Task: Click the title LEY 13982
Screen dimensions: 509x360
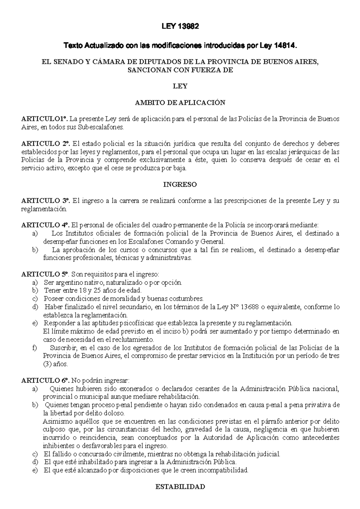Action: [180, 27]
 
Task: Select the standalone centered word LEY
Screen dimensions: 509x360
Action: [180, 86]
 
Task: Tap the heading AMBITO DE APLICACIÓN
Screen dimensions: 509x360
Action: [180, 103]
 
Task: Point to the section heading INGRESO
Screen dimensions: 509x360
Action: [180, 185]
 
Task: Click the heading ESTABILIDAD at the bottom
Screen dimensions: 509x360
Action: [180, 487]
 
